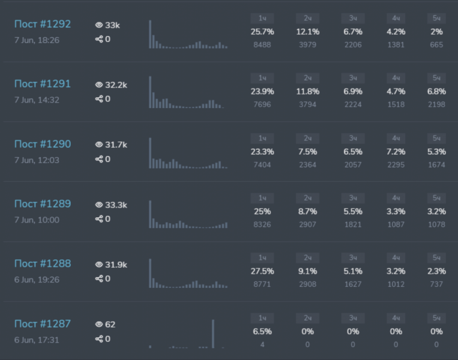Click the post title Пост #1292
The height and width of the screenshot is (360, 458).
pyautogui.click(x=42, y=24)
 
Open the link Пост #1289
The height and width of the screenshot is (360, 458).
pyautogui.click(x=42, y=204)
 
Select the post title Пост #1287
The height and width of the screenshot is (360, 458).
pyautogui.click(x=42, y=324)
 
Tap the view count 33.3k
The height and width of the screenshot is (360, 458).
pyautogui.click(x=116, y=205)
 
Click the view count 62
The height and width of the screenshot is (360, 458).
pyautogui.click(x=110, y=325)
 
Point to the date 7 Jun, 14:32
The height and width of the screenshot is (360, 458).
pyautogui.click(x=37, y=100)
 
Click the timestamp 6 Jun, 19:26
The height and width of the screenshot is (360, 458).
pyautogui.click(x=37, y=280)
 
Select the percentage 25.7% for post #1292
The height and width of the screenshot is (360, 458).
pyautogui.click(x=262, y=31)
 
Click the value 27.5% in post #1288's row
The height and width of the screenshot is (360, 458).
pyautogui.click(x=262, y=271)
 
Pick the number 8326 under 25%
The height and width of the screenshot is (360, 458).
pyautogui.click(x=262, y=224)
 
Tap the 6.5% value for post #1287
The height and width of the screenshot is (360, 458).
pyautogui.click(x=262, y=331)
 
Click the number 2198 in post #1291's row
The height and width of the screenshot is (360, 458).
pyautogui.click(x=436, y=104)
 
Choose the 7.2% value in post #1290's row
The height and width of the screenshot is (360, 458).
pyautogui.click(x=396, y=151)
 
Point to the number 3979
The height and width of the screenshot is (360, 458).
pyautogui.click(x=307, y=44)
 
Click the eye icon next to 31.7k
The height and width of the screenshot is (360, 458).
pyautogui.click(x=99, y=145)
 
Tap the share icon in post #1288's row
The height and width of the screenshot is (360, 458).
pyautogui.click(x=99, y=279)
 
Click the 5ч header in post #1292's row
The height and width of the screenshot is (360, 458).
pyautogui.click(x=436, y=19)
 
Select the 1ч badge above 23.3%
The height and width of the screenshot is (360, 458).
pyautogui.click(x=262, y=139)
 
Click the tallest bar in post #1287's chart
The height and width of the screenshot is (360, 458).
pyautogui.click(x=212, y=334)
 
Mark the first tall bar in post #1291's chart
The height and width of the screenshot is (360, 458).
pyautogui.click(x=150, y=92)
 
